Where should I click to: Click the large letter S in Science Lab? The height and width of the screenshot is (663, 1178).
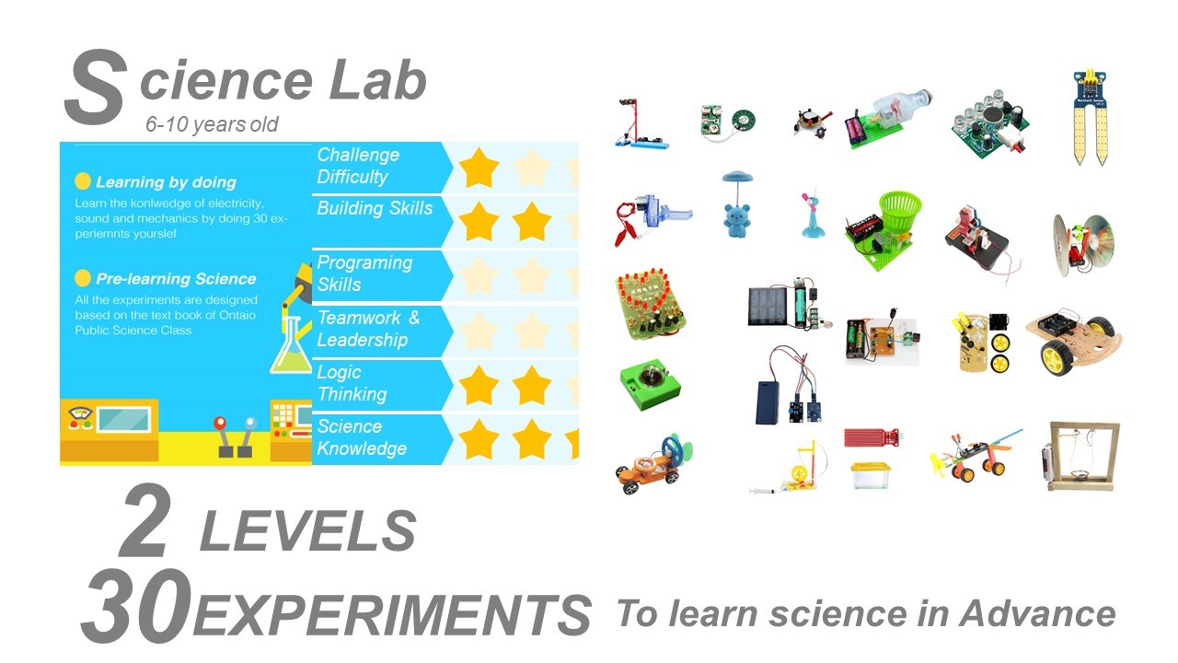(96, 87)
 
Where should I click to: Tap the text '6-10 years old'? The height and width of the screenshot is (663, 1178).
(212, 124)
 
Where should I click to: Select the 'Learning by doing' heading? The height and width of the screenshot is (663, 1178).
(167, 182)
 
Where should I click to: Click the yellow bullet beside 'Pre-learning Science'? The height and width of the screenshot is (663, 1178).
(83, 278)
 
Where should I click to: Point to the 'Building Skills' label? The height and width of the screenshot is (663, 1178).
(375, 208)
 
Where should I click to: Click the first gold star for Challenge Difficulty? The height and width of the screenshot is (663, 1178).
(479, 169)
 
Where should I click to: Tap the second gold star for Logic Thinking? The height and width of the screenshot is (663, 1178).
(532, 386)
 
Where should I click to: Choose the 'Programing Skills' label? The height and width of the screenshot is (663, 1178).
(365, 273)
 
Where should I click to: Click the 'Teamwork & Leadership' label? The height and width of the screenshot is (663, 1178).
(369, 329)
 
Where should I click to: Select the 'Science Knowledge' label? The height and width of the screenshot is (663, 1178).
(362, 437)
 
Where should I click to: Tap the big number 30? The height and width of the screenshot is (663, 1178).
(137, 605)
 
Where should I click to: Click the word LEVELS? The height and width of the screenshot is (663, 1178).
(308, 531)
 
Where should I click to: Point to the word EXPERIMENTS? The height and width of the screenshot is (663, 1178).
(392, 615)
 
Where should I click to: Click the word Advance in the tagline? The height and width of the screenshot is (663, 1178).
(1037, 613)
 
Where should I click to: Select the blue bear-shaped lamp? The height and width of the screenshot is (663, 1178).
(737, 204)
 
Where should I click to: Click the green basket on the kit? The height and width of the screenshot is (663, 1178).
(900, 211)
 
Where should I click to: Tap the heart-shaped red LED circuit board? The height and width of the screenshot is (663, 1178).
(650, 304)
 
